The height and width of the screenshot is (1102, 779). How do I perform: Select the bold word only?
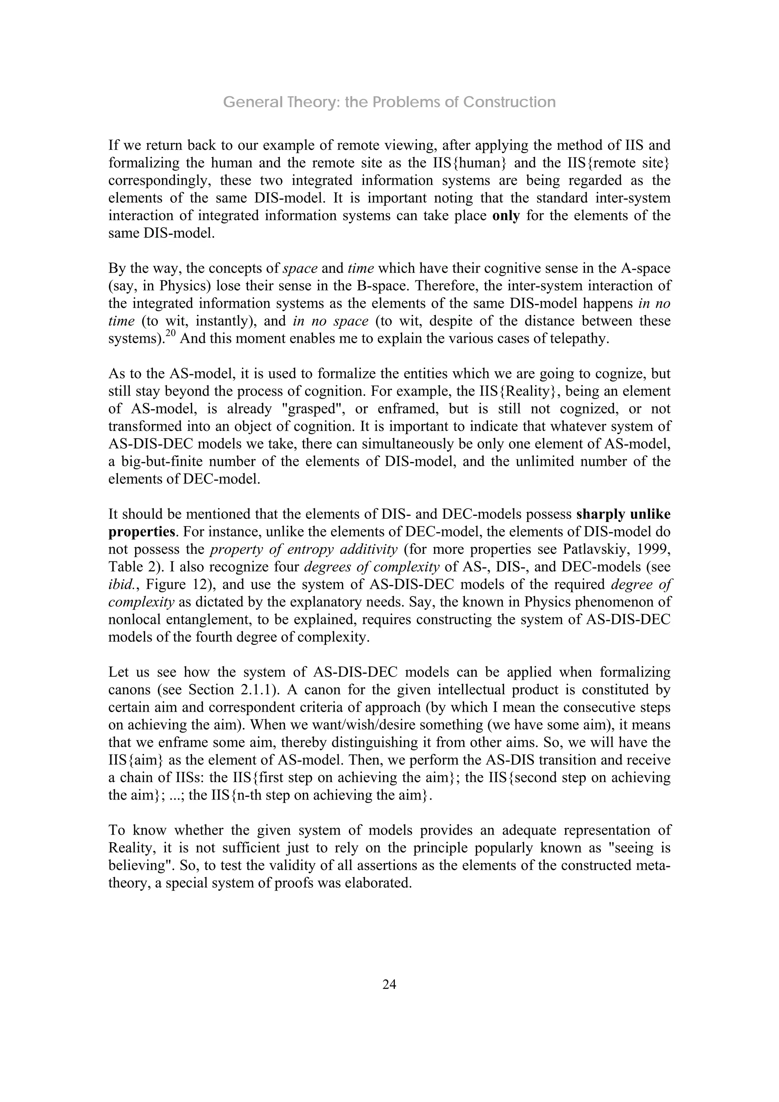(x=506, y=216)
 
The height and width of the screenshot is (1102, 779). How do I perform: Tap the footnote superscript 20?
(x=171, y=334)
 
